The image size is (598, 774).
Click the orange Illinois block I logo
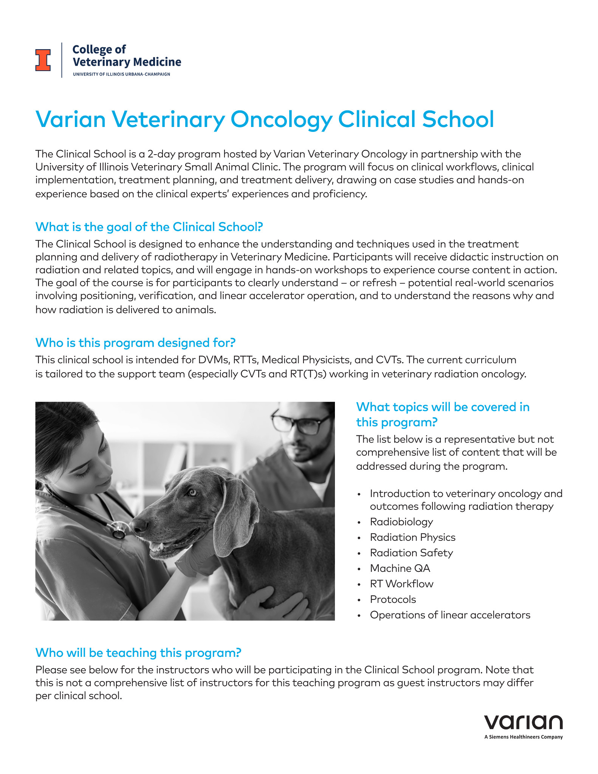pos(43,60)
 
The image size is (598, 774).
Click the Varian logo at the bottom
pos(523,723)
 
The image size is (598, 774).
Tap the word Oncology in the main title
pos(281,120)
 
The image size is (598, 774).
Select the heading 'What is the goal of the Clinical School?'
pos(149,227)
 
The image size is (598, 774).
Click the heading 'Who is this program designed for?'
pos(135,343)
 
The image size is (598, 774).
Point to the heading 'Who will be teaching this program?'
pos(138,653)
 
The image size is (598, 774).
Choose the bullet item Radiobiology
pos(401,522)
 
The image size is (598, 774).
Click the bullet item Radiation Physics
pos(412,537)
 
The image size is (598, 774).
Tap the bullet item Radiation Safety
pos(411,553)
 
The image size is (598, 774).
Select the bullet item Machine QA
pos(400,568)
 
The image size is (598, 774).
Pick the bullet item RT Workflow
pos(401,584)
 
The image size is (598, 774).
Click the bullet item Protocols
pos(393,599)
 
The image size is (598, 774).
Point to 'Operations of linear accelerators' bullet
pos(450,615)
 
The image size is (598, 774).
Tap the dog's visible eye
pos(192,492)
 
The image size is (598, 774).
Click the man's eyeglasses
pos(301,423)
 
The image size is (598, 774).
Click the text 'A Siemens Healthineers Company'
pos(523,737)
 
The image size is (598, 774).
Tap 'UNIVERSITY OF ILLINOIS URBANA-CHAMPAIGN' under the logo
pos(121,74)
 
